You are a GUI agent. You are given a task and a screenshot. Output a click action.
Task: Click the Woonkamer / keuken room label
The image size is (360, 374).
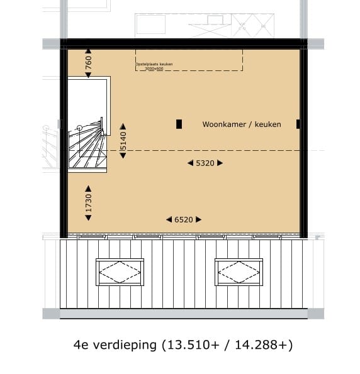click(x=242, y=124)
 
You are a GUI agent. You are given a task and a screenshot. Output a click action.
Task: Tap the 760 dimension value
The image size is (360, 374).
click(x=89, y=63)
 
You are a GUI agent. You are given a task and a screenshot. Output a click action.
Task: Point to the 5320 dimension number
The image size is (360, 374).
click(x=205, y=163)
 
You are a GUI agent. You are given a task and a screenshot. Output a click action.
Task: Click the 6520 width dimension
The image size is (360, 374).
click(x=184, y=219)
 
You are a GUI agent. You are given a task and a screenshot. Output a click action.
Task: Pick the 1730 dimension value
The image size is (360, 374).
click(x=89, y=202)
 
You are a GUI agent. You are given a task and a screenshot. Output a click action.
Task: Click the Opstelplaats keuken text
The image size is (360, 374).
click(x=154, y=64)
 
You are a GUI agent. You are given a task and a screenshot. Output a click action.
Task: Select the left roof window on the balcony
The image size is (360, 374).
click(x=120, y=272)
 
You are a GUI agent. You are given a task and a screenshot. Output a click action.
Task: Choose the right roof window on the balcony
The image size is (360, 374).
click(x=239, y=272)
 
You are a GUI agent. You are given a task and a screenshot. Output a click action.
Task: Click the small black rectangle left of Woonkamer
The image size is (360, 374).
click(x=179, y=124)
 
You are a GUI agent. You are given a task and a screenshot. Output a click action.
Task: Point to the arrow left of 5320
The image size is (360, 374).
click(x=190, y=163)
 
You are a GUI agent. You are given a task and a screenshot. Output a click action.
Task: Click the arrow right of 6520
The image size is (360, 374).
click(x=199, y=219)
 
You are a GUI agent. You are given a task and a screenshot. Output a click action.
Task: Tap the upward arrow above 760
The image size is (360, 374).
click(x=89, y=52)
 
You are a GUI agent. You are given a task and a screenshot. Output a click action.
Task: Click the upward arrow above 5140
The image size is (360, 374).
click(x=123, y=126)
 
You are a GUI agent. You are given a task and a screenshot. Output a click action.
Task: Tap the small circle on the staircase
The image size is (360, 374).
click(x=79, y=128)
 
